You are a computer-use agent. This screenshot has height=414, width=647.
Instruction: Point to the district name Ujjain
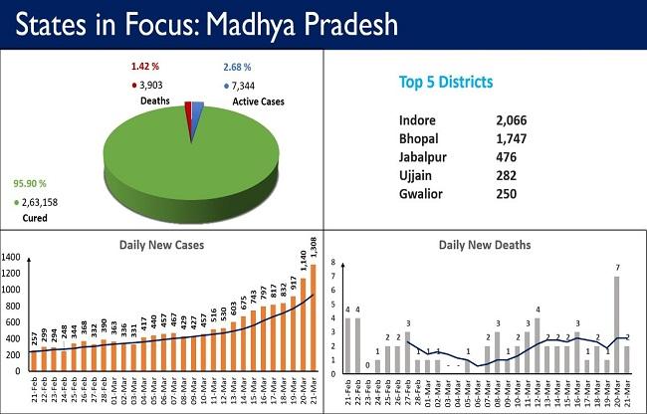pyautogui.click(x=413, y=174)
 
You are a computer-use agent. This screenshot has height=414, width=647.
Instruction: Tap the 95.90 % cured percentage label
pyautogui.click(x=31, y=184)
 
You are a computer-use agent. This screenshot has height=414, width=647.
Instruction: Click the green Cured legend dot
pyautogui.click(x=17, y=202)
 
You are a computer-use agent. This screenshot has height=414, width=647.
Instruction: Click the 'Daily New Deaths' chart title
pyautogui.click(x=486, y=245)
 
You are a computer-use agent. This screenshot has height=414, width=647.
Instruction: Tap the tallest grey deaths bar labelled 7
pyautogui.click(x=616, y=323)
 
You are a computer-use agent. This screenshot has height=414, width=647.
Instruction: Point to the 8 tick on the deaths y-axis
pyautogui.click(x=332, y=265)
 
